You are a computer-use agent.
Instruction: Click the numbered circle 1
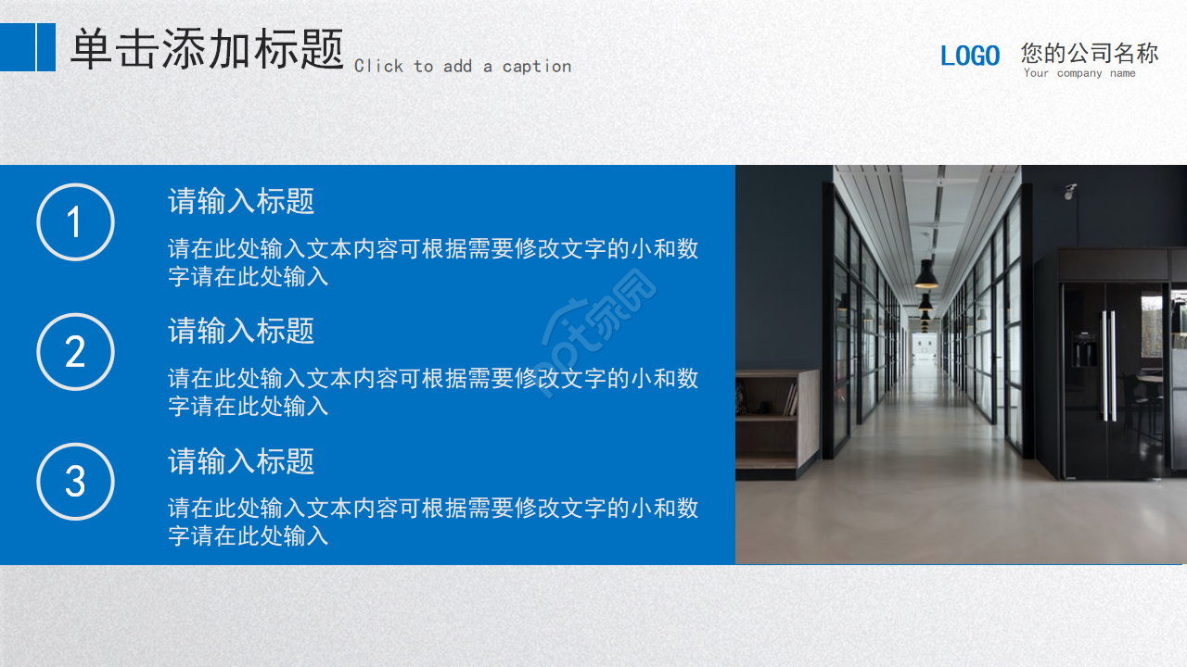(75, 222)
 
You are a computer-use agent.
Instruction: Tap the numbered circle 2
(75, 352)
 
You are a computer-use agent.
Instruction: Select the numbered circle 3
(75, 482)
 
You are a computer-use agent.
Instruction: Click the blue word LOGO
(970, 57)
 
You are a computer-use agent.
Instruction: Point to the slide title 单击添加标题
(207, 49)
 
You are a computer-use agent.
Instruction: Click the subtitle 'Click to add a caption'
(462, 66)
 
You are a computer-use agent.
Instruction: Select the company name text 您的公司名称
(1090, 53)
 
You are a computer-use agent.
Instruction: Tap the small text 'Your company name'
(1079, 73)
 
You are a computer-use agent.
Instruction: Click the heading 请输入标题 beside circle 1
(241, 201)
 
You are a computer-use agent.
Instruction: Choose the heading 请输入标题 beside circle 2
(241, 331)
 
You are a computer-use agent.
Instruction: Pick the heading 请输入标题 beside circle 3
(241, 460)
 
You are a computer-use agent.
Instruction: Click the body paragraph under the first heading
(432, 262)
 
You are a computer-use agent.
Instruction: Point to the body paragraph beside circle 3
(432, 522)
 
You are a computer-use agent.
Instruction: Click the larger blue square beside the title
(17, 47)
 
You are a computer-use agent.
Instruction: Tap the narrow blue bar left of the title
(46, 47)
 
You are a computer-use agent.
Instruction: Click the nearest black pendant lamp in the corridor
(925, 274)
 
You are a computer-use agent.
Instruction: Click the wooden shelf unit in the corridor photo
(776, 422)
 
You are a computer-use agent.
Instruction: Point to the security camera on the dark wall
(1070, 192)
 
